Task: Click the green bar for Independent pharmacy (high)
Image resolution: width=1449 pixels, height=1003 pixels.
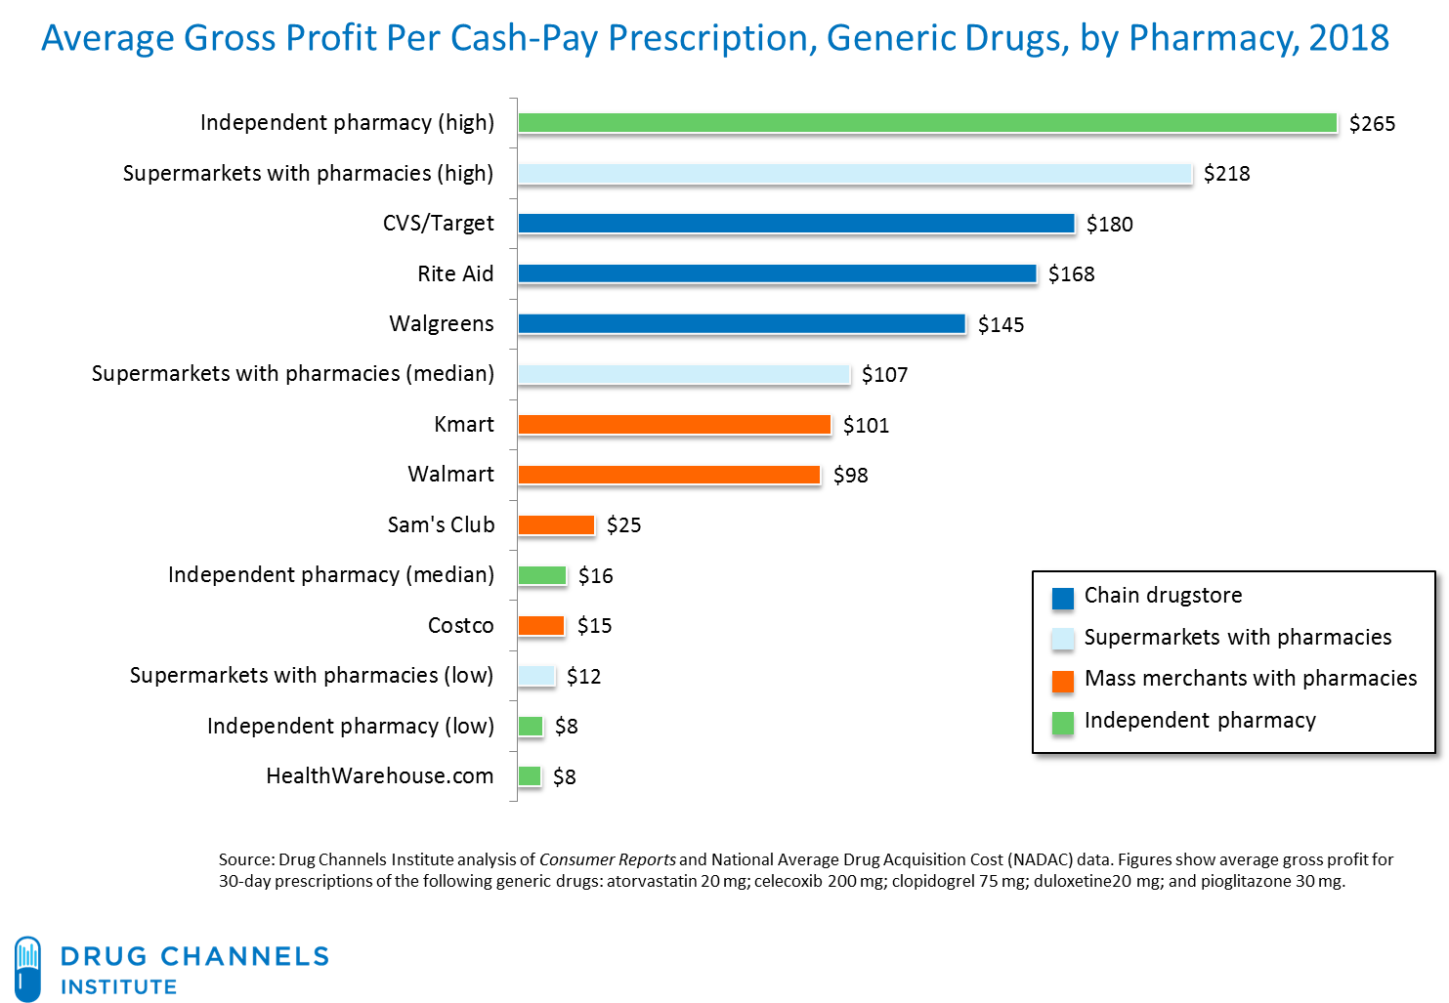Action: tap(927, 123)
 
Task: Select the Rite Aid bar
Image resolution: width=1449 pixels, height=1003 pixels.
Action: tap(778, 273)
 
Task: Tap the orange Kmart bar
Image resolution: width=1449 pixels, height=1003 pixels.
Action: tap(674, 425)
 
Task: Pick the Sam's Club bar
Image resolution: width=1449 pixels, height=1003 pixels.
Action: tap(556, 524)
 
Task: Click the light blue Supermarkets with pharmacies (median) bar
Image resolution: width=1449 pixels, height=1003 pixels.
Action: tap(684, 374)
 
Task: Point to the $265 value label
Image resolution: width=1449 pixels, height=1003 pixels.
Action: tap(1372, 124)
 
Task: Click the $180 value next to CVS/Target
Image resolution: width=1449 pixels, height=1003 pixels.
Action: tap(1110, 225)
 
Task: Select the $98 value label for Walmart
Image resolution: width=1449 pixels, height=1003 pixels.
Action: tap(850, 476)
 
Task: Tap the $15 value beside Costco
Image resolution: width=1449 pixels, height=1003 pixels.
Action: tap(594, 626)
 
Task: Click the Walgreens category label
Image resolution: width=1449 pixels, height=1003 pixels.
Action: tap(442, 324)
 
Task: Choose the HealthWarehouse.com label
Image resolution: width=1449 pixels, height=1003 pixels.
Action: tap(379, 776)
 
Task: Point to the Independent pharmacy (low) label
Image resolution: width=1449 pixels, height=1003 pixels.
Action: tap(350, 727)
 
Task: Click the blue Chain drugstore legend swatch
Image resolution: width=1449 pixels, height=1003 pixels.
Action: tap(1062, 598)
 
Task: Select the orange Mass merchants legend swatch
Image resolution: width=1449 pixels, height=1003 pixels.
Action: tap(1062, 681)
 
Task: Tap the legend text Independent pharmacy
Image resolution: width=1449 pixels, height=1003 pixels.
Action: tap(1200, 721)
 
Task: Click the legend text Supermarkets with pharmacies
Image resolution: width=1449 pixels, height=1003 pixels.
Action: tap(1238, 638)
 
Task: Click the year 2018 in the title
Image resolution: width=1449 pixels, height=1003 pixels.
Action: tap(1348, 39)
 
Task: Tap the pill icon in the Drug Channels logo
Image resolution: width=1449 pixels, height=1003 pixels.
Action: tap(28, 968)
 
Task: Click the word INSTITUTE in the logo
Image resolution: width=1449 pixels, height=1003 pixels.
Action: tap(119, 986)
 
